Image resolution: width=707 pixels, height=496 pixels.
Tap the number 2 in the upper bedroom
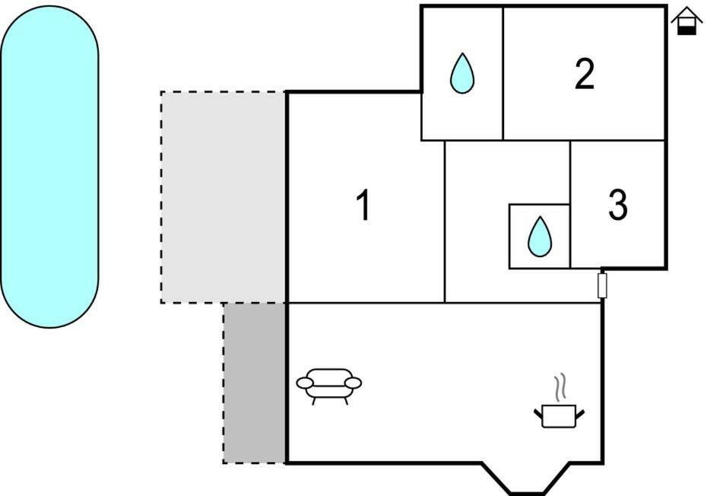pos(585,74)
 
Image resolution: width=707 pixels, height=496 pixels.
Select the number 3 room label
pos(618,205)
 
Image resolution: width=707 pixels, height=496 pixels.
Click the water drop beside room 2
pos(462,74)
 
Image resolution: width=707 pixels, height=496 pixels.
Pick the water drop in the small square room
pos(540,237)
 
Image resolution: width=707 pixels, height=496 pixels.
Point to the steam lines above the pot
pos(560,388)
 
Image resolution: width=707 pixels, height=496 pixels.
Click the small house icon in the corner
pos(687,21)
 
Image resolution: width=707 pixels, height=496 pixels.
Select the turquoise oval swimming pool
pos(49,167)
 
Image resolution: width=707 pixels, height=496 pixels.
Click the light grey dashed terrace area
pos(224,197)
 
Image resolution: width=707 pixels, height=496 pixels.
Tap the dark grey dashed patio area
pos(255,383)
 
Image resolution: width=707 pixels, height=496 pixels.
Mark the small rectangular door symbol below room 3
pos(602,285)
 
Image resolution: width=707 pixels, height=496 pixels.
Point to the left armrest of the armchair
pos(305,383)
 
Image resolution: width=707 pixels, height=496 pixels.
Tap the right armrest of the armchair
pos(353,383)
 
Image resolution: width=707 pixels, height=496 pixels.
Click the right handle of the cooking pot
pos(580,412)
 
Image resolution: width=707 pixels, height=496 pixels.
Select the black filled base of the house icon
pos(687,30)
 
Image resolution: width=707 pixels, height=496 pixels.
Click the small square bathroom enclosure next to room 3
pos(540,237)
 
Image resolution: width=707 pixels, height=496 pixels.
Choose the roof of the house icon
pos(687,14)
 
